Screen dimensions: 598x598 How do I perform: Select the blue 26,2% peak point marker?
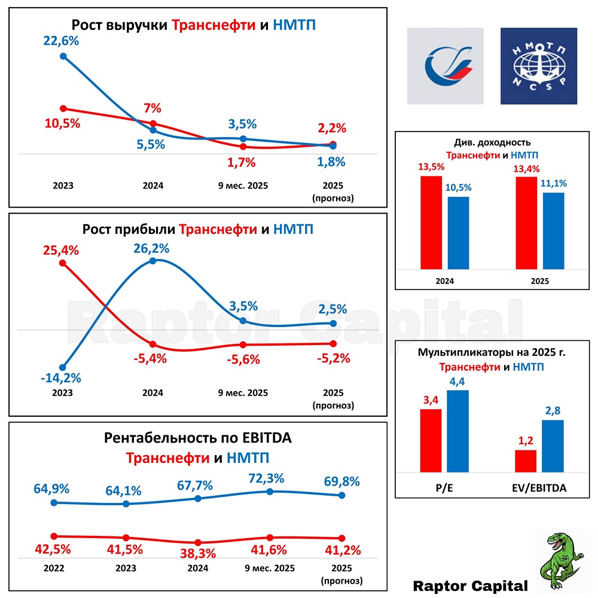[x=153, y=260]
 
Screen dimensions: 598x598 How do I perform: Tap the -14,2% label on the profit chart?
[x=61, y=379]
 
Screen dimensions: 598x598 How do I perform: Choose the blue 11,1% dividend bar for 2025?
[x=554, y=231]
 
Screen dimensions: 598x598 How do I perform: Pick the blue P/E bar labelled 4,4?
[x=458, y=431]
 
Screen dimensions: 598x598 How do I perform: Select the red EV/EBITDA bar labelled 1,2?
[x=526, y=460]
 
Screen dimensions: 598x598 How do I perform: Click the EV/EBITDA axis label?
[x=540, y=488]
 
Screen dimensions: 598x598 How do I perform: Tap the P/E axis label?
[x=444, y=488]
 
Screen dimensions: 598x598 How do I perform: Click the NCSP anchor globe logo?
[x=539, y=66]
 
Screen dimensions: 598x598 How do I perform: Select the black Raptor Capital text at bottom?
[x=471, y=585]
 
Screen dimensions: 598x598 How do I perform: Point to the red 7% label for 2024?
[x=152, y=109]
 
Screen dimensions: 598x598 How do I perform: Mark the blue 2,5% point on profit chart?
[x=332, y=323]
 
